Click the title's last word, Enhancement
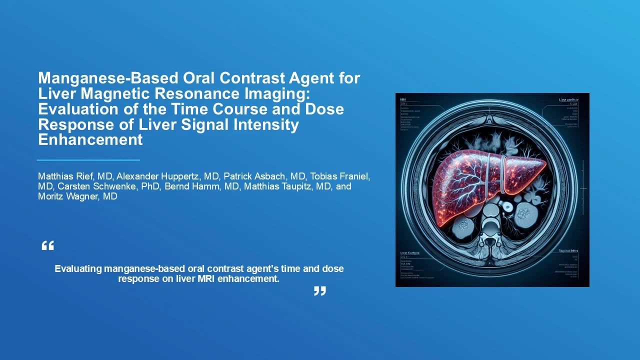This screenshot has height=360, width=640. (x=90, y=139)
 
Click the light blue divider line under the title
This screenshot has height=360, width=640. (x=88, y=160)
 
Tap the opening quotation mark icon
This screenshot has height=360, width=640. (x=47, y=245)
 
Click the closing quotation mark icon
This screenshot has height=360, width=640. (x=319, y=290)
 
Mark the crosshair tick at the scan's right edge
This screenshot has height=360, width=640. (x=582, y=188)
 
